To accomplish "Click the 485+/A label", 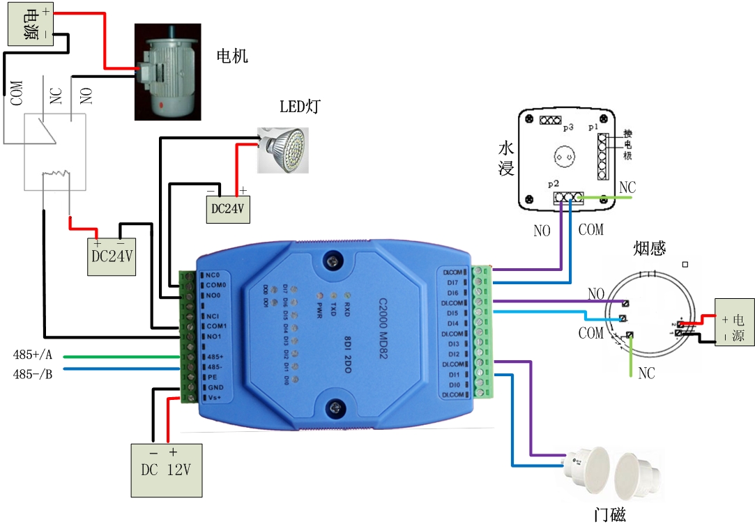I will [x=33, y=356].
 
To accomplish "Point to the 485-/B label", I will [x=33, y=373].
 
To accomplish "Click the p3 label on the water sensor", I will [x=568, y=128].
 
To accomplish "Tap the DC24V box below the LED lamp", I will [x=227, y=208].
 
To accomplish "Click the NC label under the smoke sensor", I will [x=647, y=373].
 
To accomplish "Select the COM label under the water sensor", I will [x=591, y=229].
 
